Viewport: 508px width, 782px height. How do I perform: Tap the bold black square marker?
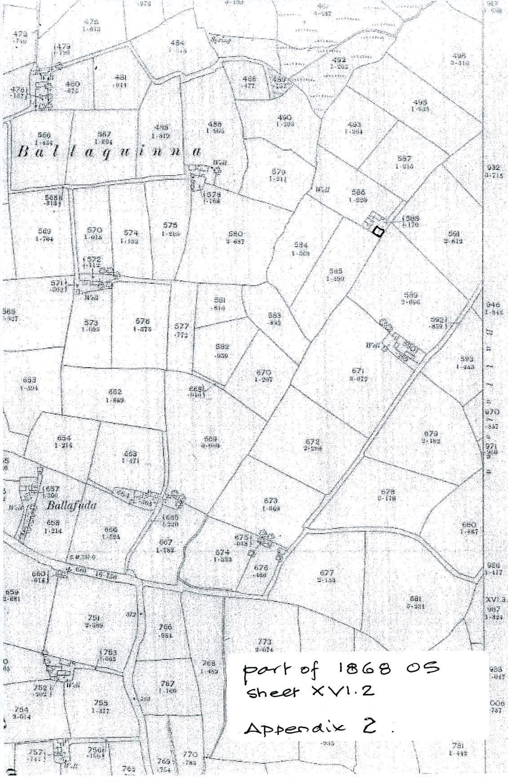point(378,232)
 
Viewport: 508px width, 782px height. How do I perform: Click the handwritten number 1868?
point(370,668)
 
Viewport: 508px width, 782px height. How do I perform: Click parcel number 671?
point(357,371)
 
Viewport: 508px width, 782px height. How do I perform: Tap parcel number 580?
point(235,234)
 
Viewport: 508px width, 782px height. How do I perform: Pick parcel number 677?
point(326,573)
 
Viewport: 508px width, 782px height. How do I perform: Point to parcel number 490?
point(285,118)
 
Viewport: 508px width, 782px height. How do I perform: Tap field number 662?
point(115,392)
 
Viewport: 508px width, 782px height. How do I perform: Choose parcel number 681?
point(415,599)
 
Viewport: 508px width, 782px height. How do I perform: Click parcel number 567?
point(104,134)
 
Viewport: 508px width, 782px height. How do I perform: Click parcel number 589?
point(411,295)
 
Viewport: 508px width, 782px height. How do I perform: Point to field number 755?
point(101,703)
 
